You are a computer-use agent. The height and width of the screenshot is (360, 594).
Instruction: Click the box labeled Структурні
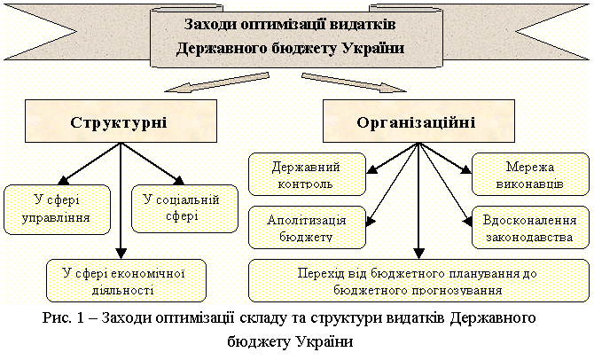pyautogui.click(x=121, y=121)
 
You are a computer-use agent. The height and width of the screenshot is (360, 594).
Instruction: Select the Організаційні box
pyautogui.click(x=418, y=121)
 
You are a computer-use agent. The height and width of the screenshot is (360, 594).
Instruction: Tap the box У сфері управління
pyautogui.click(x=58, y=209)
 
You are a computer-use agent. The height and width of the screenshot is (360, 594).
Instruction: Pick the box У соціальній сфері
pyautogui.click(x=184, y=208)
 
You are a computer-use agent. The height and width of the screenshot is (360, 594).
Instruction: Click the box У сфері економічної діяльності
pyautogui.click(x=126, y=280)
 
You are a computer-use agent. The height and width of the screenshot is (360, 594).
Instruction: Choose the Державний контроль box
pyautogui.click(x=308, y=175)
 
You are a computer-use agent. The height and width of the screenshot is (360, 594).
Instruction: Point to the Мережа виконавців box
pyautogui.click(x=530, y=175)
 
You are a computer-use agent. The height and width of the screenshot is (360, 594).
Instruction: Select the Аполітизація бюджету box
pyautogui.click(x=308, y=227)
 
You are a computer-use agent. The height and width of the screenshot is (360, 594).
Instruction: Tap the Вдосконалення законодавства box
pyautogui.click(x=530, y=227)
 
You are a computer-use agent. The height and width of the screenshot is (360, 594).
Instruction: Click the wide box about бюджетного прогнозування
pyautogui.click(x=418, y=280)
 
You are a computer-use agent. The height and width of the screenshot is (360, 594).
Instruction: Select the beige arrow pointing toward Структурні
pyautogui.click(x=217, y=82)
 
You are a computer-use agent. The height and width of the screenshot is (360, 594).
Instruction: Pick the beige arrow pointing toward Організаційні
pyautogui.click(x=354, y=82)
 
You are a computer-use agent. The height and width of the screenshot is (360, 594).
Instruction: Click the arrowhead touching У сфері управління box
pyautogui.click(x=64, y=180)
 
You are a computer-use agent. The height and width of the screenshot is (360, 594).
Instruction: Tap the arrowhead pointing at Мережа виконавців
pyautogui.click(x=465, y=169)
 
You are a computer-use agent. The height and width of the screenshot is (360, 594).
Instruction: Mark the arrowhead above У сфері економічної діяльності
pyautogui.click(x=121, y=253)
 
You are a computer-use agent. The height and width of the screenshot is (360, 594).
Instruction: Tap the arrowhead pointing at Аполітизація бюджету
pyautogui.click(x=371, y=221)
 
